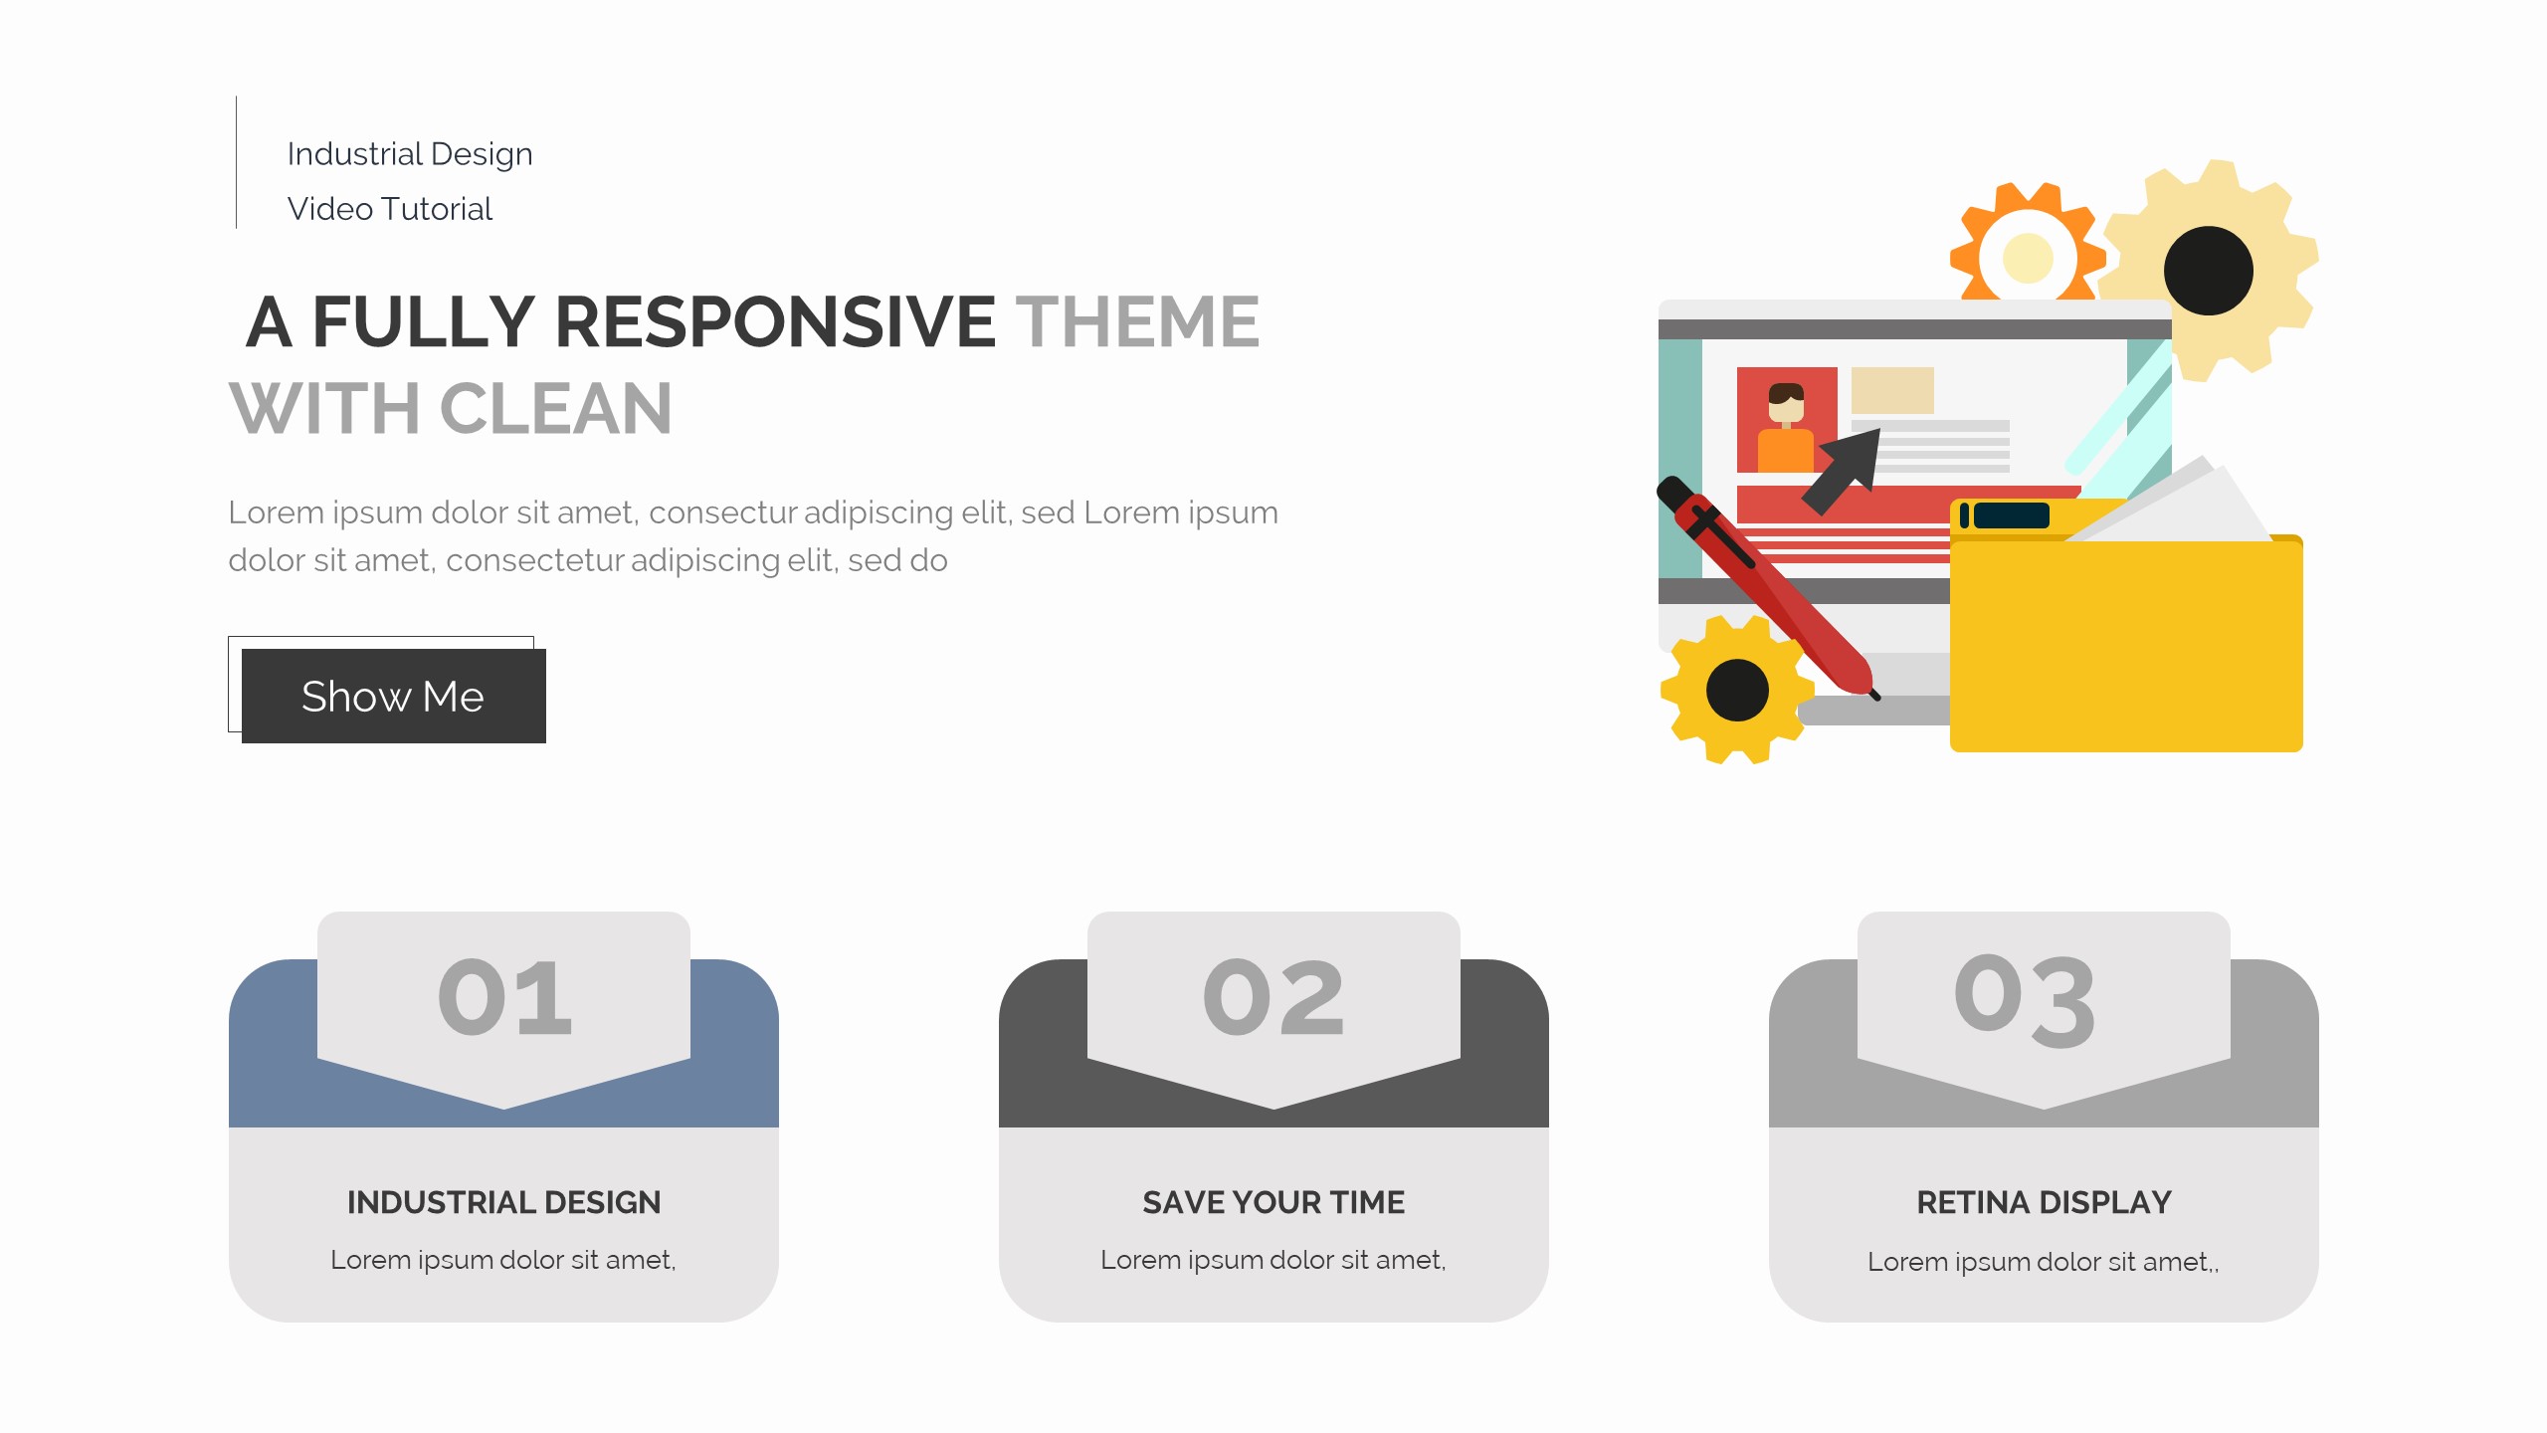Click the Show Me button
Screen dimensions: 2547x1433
[393, 696]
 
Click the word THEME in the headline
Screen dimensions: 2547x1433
[1137, 322]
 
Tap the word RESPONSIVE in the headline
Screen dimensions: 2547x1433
[775, 322]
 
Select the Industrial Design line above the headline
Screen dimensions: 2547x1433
[410, 154]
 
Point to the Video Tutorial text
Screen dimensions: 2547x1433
[390, 209]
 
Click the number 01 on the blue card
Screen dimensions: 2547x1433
[504, 998]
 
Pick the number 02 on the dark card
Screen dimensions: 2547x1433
[1273, 998]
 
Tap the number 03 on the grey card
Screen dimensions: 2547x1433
[2025, 1000]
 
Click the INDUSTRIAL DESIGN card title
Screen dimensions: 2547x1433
[503, 1202]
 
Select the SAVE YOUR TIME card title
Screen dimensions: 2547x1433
[1273, 1202]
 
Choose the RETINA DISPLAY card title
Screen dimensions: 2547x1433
[2044, 1202]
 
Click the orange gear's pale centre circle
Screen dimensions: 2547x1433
[2028, 259]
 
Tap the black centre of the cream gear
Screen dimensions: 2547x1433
[2209, 271]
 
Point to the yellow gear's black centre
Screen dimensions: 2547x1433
[1737, 690]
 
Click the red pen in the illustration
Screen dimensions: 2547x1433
[1767, 588]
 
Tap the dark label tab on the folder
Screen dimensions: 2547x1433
[2011, 514]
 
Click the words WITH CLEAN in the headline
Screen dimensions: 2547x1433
[451, 409]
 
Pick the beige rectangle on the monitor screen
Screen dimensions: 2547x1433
[1892, 390]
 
